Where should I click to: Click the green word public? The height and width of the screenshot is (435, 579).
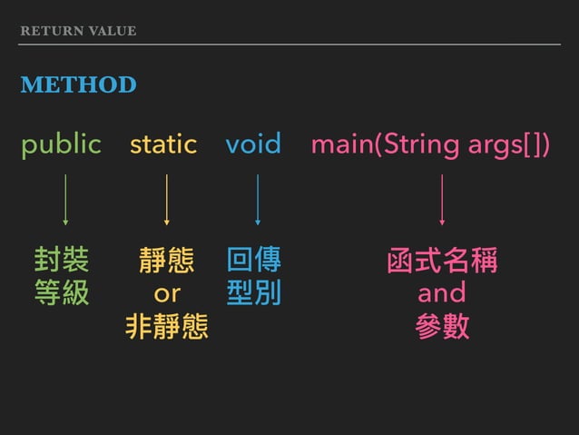[x=61, y=144]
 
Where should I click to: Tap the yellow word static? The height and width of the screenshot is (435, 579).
[x=163, y=144]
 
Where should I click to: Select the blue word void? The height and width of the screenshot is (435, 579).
[x=253, y=144]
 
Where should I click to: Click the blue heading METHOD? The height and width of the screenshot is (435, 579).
[x=78, y=85]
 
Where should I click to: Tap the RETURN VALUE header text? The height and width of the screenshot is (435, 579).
[x=78, y=31]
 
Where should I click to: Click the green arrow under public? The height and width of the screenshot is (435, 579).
[x=64, y=199]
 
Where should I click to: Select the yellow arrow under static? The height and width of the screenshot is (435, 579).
[x=166, y=199]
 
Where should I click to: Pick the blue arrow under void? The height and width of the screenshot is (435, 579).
[x=258, y=199]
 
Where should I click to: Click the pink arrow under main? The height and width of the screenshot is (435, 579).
[x=442, y=199]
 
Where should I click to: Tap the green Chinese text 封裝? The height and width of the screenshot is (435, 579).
[x=62, y=261]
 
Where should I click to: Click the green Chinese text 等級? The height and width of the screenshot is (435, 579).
[x=62, y=292]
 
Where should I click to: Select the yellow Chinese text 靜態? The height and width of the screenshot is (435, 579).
[x=166, y=261]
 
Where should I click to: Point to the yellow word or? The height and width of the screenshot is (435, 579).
[x=167, y=293]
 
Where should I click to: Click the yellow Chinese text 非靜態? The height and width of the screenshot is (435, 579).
[x=166, y=325]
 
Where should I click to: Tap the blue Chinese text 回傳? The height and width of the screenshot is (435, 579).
[x=254, y=261]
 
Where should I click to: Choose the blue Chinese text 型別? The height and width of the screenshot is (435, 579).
[x=254, y=292]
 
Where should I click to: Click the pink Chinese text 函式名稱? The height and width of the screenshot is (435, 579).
[x=442, y=261]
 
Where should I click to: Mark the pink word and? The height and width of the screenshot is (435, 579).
[x=442, y=292]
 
